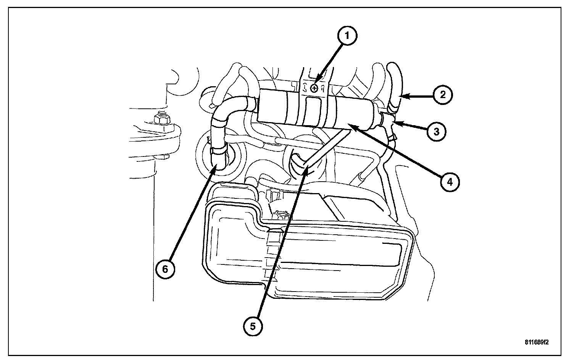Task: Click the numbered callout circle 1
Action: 347,35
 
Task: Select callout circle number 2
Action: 443,95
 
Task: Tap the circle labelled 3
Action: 436,132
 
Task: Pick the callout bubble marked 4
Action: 450,182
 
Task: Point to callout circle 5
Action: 253,326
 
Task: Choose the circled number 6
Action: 165,269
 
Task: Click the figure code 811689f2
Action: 537,342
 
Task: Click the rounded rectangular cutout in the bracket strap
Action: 314,107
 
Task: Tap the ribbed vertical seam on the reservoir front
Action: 272,259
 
